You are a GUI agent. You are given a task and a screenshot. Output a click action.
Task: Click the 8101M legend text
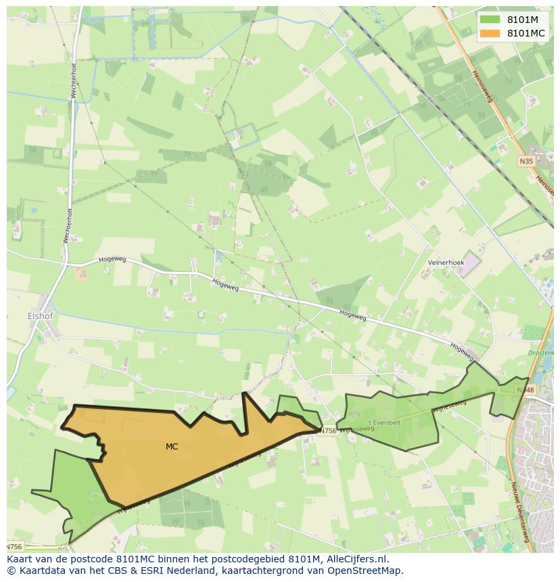[522, 20]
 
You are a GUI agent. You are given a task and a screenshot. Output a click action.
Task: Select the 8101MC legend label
[526, 33]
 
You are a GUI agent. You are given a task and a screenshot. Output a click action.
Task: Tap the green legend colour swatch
[490, 20]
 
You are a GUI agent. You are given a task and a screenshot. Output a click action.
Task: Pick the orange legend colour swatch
[490, 33]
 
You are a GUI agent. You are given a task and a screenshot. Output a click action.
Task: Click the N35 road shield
[526, 161]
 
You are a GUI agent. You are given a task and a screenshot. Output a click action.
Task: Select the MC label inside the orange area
[172, 446]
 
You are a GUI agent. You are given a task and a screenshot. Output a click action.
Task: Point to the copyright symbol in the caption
[11, 571]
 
